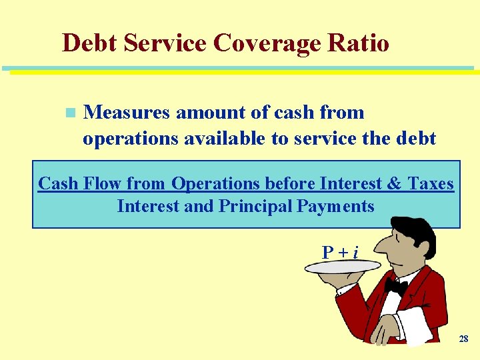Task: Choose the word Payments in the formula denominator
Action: click(x=336, y=206)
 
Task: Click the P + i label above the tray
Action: click(x=340, y=252)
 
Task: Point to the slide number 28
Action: click(x=463, y=339)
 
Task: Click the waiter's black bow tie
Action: click(x=395, y=285)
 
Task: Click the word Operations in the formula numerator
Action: click(x=215, y=183)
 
